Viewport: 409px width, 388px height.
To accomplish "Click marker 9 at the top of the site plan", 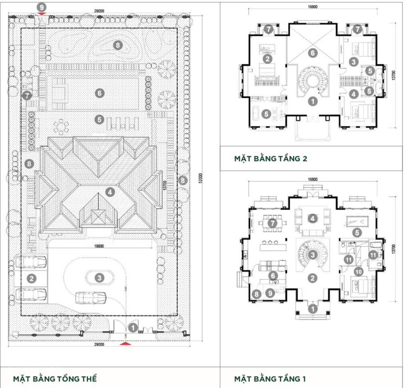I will tap(42, 7).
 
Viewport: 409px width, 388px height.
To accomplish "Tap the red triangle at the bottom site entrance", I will tap(126, 344).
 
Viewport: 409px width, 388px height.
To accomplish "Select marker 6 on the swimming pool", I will tap(99, 93).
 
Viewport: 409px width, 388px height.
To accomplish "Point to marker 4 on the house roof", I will tap(111, 192).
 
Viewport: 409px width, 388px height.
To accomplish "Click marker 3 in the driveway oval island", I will tap(99, 278).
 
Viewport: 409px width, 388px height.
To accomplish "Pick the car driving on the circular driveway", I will tap(91, 298).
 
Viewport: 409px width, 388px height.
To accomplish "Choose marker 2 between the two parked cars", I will tap(31, 278).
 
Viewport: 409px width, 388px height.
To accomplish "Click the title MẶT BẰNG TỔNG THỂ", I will tap(55, 379).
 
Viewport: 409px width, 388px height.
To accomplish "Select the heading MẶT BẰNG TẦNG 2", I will tap(270, 158).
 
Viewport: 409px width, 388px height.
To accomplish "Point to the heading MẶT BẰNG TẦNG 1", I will tap(270, 379).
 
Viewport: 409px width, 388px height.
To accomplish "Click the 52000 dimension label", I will tap(200, 178).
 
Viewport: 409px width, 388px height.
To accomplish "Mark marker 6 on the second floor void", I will tap(312, 53).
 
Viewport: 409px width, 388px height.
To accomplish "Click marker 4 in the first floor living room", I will tap(312, 219).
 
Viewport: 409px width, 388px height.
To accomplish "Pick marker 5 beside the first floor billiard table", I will tap(356, 232).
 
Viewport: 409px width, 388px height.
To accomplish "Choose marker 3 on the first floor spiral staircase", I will tap(312, 255).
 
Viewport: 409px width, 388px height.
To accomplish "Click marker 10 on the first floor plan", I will tap(358, 271).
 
